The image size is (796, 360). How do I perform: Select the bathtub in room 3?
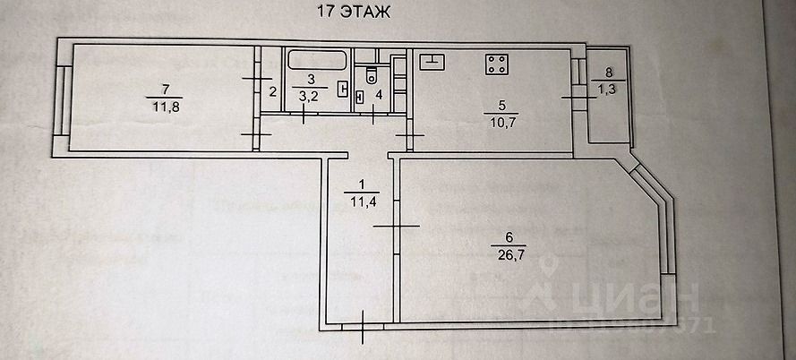pos(317,61)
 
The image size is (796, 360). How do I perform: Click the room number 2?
pos(271,90)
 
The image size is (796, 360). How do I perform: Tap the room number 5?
pos(501,105)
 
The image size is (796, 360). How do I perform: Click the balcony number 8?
pos(610,73)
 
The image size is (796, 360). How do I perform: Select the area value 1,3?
pos(610,88)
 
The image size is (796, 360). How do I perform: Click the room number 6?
pos(509,237)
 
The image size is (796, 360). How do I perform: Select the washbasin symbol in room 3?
pos(342,89)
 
